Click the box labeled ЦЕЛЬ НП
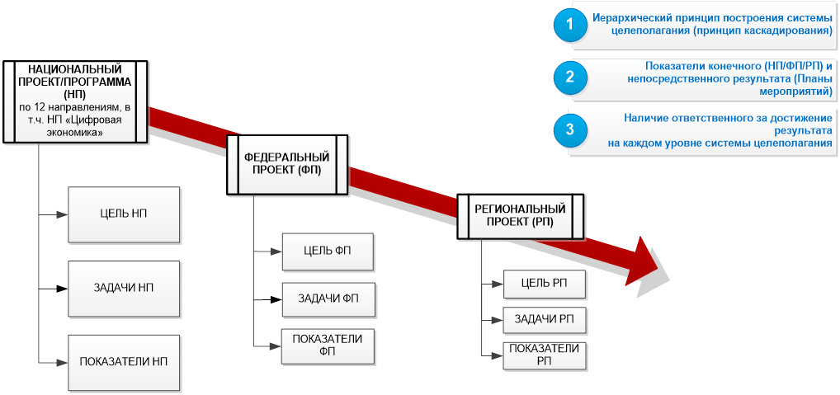tap(125, 214)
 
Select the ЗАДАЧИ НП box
tap(125, 289)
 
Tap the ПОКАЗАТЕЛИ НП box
tap(125, 363)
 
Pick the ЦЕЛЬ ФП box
tap(328, 252)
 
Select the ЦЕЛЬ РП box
tap(545, 284)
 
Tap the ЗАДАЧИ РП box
tap(545, 319)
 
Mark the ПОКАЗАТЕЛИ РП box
tap(545, 354)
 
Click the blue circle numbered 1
tap(569, 25)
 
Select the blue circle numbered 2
tap(569, 78)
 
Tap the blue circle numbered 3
tap(569, 129)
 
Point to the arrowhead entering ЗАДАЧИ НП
tap(63, 289)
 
